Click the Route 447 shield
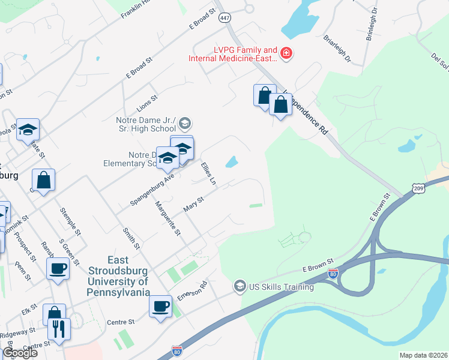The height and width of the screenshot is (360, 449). point(225,18)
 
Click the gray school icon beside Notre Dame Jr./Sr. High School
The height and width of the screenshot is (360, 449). point(184,124)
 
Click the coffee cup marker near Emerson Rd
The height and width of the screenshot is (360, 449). point(160,306)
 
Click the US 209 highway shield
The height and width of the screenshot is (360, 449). point(419,188)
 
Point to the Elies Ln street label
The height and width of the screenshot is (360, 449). point(208,173)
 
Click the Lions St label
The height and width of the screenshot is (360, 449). point(146,98)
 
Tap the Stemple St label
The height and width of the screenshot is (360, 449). point(70,221)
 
